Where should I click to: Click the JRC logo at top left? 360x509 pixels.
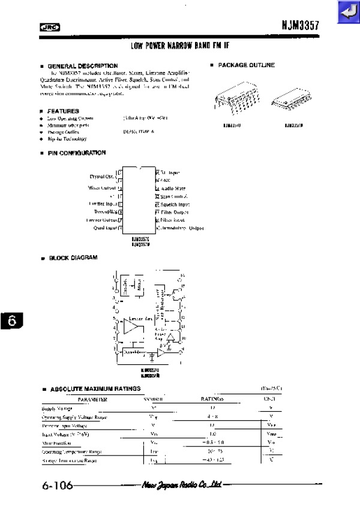[x=47, y=26]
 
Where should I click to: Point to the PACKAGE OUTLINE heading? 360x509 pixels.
[x=247, y=65]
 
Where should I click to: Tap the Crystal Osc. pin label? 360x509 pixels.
[x=103, y=176]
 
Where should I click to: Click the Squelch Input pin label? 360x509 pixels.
[x=175, y=204]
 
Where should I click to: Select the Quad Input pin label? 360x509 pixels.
[x=106, y=227]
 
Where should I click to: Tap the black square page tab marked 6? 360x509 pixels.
[x=12, y=321]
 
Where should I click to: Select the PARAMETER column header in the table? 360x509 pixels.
[x=92, y=399]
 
